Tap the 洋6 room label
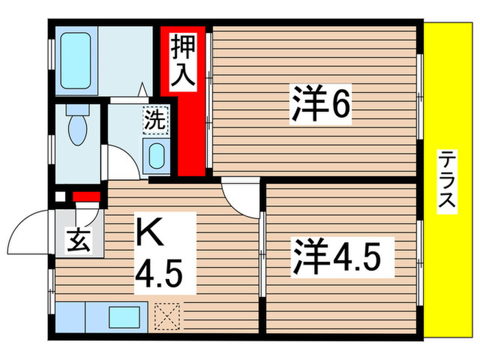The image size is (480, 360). click(322, 105)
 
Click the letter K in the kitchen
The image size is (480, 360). click(152, 233)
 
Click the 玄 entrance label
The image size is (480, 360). click(75, 241)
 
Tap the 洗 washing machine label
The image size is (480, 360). click(155, 121)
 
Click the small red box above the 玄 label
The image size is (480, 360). click(86, 198)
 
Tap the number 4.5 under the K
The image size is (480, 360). click(158, 278)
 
